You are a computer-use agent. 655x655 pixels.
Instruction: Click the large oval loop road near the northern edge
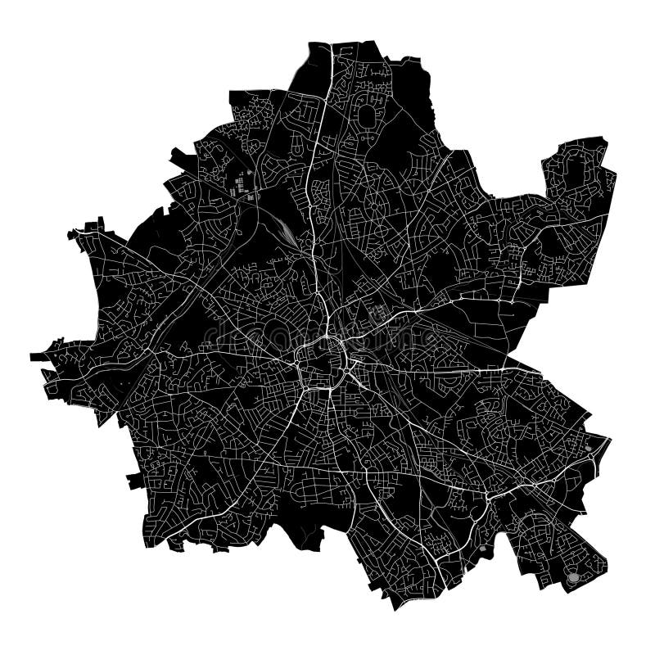(x=365, y=117)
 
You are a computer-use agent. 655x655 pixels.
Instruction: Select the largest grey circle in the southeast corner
(x=573, y=578)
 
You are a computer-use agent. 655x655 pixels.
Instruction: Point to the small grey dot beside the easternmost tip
(x=589, y=447)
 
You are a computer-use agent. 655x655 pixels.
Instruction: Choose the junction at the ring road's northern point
(x=327, y=337)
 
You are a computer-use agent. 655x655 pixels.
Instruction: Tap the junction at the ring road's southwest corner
(x=309, y=386)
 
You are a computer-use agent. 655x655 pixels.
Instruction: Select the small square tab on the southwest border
(x=134, y=480)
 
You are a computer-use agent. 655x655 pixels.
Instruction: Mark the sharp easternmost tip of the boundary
(x=610, y=439)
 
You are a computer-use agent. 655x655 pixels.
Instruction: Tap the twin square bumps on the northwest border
(x=94, y=223)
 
